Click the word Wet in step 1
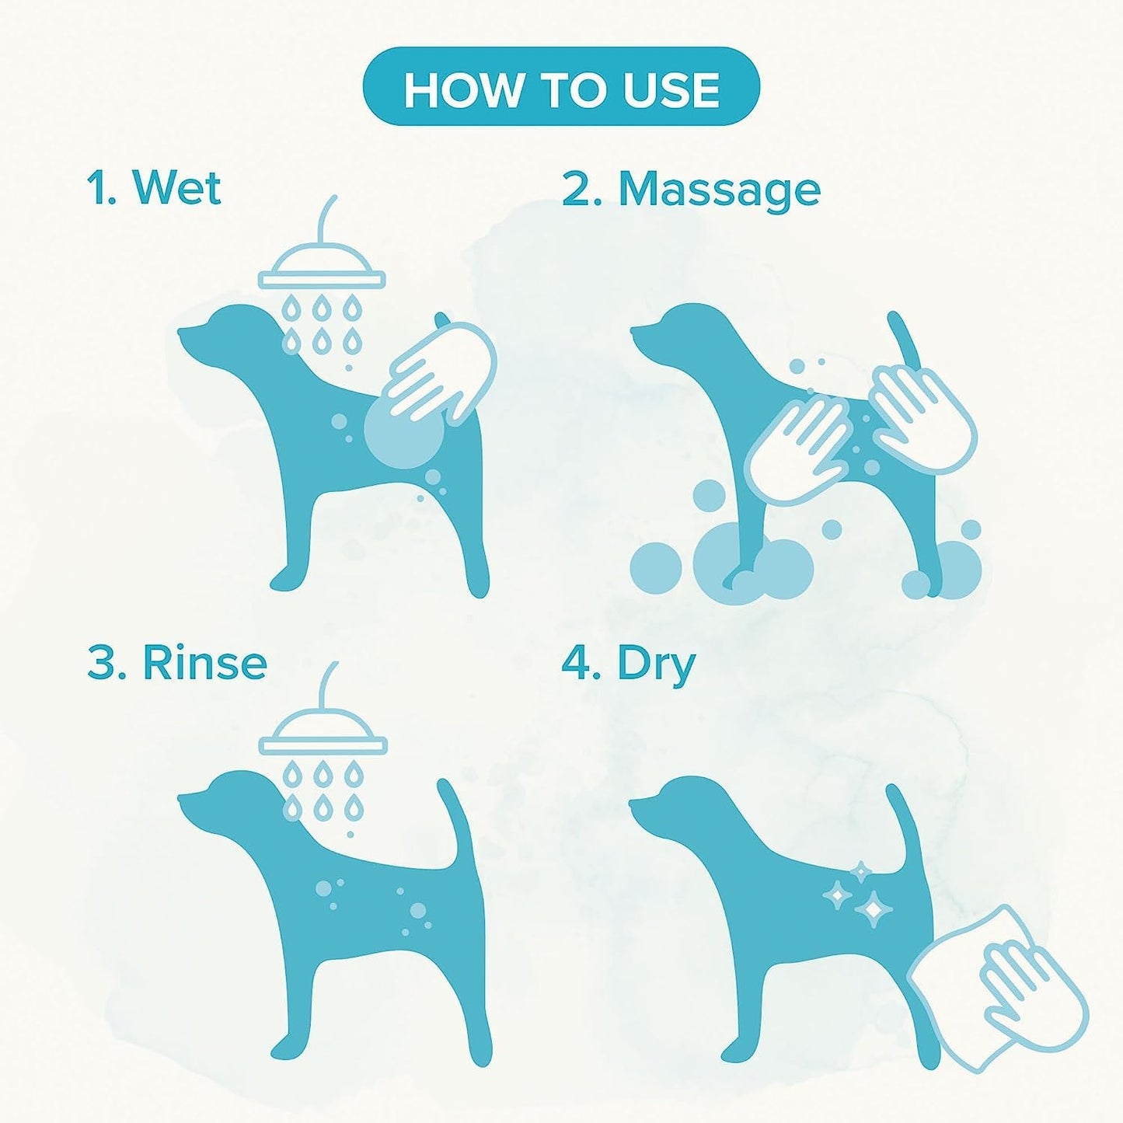[177, 188]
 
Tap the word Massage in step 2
[719, 190]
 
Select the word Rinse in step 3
[204, 664]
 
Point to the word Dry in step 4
[656, 665]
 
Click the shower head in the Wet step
[322, 268]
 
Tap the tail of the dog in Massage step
[905, 342]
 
